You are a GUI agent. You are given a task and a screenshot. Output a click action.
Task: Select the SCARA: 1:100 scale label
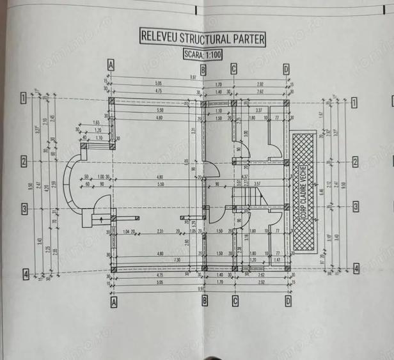pyautogui.click(x=201, y=54)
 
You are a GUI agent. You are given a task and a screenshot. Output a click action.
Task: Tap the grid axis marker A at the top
pyautogui.click(x=111, y=65)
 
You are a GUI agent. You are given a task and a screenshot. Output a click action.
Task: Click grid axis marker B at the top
pyautogui.click(x=203, y=69)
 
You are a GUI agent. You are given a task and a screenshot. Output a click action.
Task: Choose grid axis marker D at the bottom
pyautogui.click(x=288, y=301)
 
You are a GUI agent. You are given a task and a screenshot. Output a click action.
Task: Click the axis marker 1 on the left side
pyautogui.click(x=23, y=98)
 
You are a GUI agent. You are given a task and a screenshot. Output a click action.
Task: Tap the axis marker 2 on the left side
pyautogui.click(x=23, y=161)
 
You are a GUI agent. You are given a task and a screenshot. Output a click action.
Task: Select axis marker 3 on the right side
pyautogui.click(x=356, y=207)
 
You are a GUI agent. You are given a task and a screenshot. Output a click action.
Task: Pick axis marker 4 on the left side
pyautogui.click(x=25, y=274)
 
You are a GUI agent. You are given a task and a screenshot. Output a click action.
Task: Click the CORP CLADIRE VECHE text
pyautogui.click(x=303, y=192)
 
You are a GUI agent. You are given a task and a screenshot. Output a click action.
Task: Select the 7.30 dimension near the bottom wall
pyautogui.click(x=159, y=260)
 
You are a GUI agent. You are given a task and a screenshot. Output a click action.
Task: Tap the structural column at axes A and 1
pyautogui.click(x=111, y=101)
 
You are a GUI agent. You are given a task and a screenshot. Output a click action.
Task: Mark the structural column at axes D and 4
pyautogui.click(x=287, y=269)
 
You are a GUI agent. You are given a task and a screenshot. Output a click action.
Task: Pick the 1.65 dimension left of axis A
pyautogui.click(x=96, y=122)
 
